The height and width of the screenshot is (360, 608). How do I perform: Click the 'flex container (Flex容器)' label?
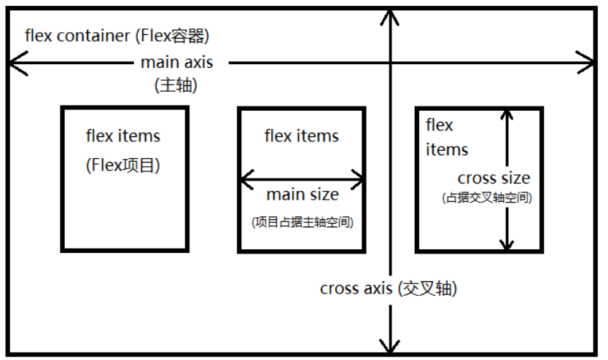coord(122,35)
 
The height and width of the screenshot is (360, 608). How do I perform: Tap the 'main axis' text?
coord(177,62)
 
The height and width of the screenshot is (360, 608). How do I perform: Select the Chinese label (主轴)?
coord(177,84)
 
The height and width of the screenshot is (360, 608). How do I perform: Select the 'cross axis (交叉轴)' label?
coord(388,288)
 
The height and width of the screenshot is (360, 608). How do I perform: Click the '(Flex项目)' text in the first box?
coord(123,165)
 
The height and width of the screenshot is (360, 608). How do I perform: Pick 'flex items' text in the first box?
coord(123,136)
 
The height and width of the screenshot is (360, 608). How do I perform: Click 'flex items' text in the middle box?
coord(302,136)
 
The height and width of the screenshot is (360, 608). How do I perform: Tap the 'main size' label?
coord(302,195)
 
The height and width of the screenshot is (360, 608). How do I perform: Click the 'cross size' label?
coord(494,178)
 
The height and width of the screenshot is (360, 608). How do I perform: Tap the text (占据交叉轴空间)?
coord(486,197)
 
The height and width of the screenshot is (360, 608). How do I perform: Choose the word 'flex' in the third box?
coord(440,125)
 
